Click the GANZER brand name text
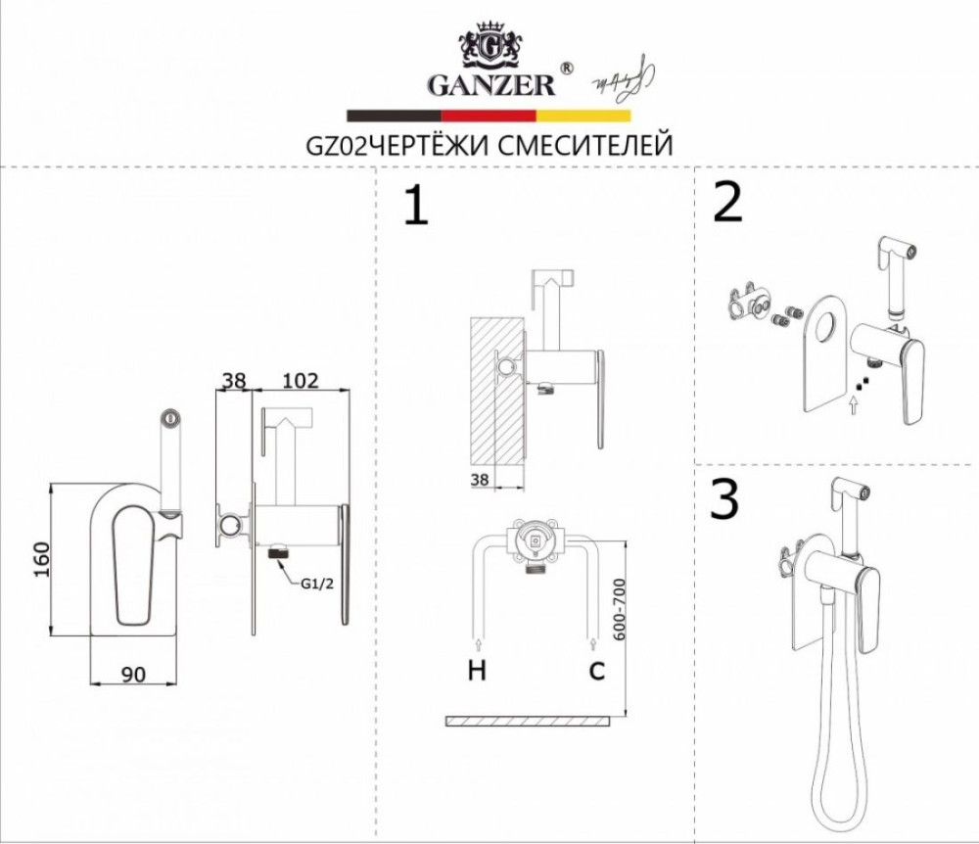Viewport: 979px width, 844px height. (490, 85)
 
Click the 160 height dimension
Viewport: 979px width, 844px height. (39, 559)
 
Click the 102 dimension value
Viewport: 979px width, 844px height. (300, 381)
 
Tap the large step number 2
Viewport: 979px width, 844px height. (729, 203)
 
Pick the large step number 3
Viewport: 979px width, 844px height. (723, 499)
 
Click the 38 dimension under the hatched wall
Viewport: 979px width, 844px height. (479, 480)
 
